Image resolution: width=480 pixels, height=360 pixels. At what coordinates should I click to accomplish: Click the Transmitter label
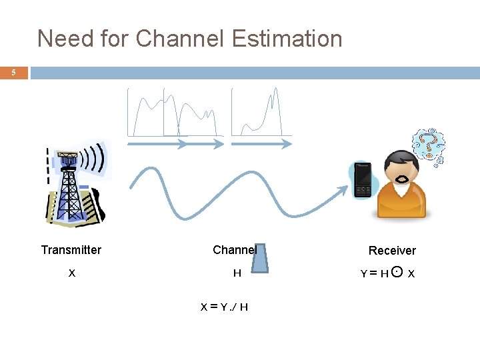[71, 250]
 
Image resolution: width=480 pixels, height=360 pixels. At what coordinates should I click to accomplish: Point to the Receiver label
[392, 251]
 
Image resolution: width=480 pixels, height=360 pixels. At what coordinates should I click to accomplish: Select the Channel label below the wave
[233, 250]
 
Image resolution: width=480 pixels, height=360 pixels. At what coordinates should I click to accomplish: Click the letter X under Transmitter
[71, 273]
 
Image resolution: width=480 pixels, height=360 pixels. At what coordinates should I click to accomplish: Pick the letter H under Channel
[237, 273]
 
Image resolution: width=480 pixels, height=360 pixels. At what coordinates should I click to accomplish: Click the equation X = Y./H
[225, 307]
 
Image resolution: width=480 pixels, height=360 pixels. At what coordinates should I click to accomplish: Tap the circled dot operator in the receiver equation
[397, 272]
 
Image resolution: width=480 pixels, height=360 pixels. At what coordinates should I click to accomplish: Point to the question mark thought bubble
[429, 146]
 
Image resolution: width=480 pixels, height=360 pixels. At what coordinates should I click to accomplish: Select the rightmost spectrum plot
[261, 113]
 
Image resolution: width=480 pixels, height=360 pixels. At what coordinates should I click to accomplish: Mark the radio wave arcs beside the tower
[96, 160]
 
